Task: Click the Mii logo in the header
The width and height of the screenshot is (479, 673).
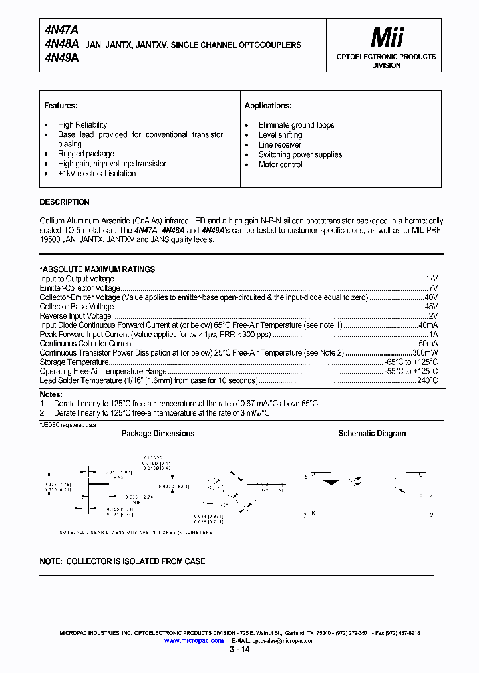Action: [x=387, y=37]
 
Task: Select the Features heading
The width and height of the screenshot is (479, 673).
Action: [x=61, y=106]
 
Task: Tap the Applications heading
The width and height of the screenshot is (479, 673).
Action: [x=268, y=106]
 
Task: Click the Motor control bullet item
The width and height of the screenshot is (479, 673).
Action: [x=280, y=164]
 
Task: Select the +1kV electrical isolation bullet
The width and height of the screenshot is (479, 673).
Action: [x=96, y=174]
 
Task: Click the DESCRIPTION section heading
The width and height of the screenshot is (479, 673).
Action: [x=65, y=202]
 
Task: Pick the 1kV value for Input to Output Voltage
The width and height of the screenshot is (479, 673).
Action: [x=431, y=279]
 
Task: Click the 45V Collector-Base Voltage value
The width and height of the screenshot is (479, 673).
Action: [x=431, y=307]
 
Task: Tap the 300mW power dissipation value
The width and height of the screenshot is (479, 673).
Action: [x=425, y=353]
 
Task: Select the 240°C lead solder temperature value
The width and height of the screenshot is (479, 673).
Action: [x=426, y=381]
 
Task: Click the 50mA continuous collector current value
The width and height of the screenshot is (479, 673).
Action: [x=428, y=344]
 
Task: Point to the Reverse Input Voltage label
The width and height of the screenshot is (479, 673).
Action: [x=76, y=316]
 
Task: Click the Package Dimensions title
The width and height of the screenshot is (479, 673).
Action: [x=158, y=434]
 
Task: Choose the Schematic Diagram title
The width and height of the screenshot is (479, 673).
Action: [x=372, y=434]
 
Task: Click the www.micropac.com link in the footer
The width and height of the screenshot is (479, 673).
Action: [x=194, y=640]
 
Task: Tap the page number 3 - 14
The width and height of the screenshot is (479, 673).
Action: [x=239, y=650]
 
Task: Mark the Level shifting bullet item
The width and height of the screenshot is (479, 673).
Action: [x=280, y=135]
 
